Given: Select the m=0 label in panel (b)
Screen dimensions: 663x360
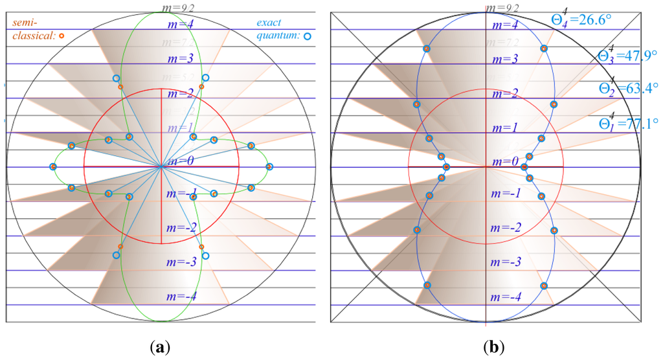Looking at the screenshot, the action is pyautogui.click(x=504, y=161).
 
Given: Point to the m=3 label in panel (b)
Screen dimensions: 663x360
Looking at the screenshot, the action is pyautogui.click(x=504, y=59).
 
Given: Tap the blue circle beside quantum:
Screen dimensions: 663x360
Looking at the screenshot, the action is pyautogui.click(x=308, y=37).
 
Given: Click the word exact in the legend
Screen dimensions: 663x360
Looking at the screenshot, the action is pyautogui.click(x=269, y=23).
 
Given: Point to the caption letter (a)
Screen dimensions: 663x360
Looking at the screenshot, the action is pyautogui.click(x=161, y=347).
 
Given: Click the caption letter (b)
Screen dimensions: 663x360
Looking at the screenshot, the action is pyautogui.click(x=493, y=347).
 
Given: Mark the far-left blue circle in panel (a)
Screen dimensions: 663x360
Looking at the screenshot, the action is pyautogui.click(x=52, y=167).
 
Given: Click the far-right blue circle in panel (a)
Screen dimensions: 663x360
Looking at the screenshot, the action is pyautogui.click(x=270, y=167).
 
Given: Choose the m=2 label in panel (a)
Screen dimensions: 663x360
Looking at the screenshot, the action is pyautogui.click(x=179, y=93).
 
